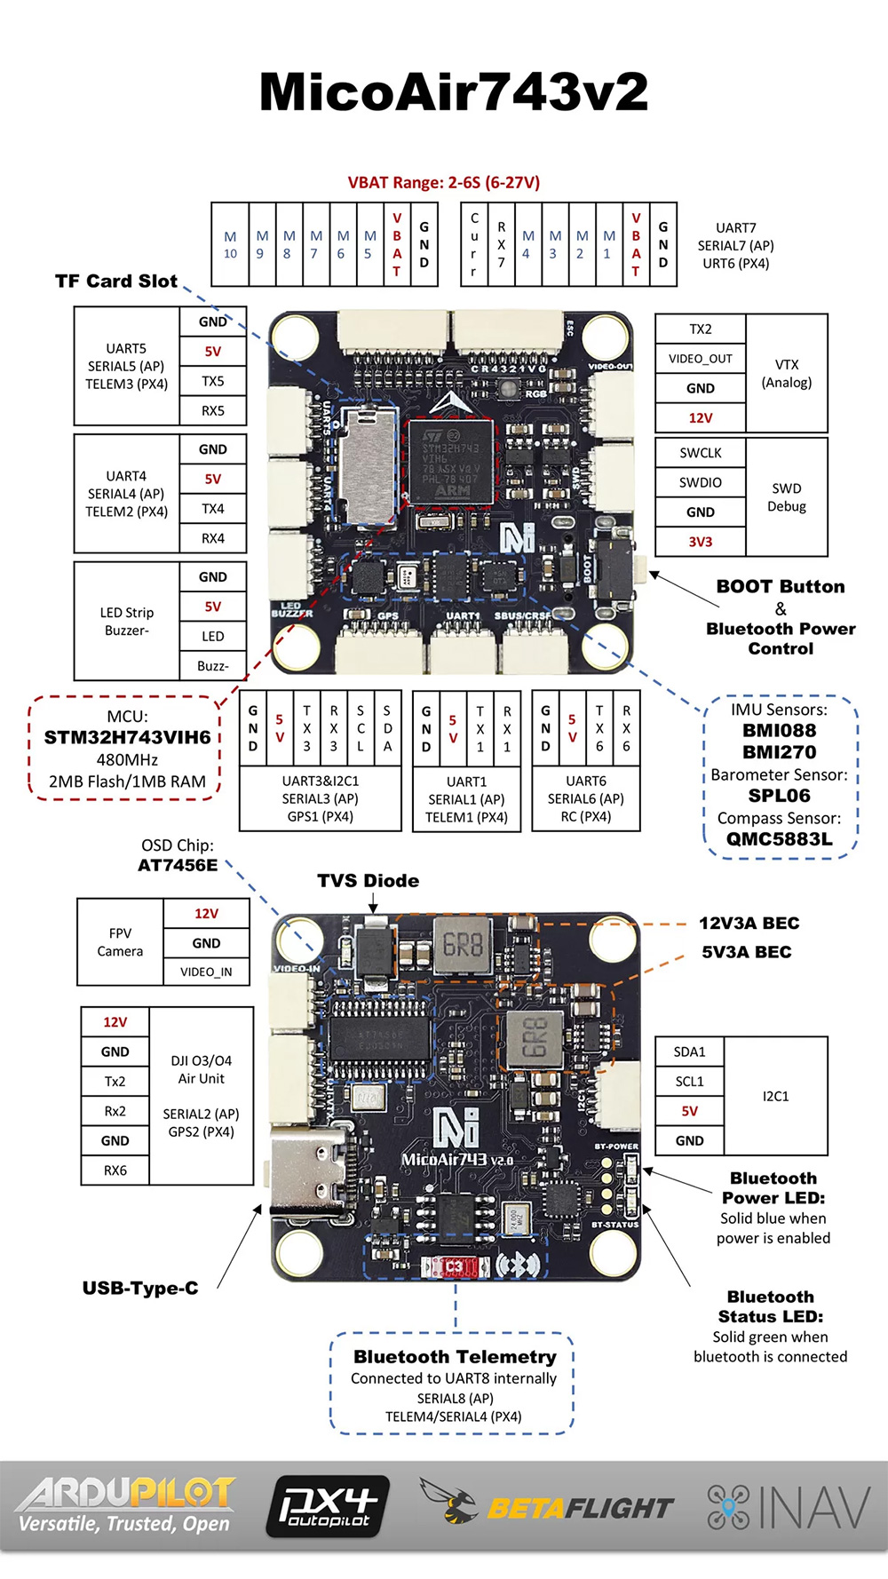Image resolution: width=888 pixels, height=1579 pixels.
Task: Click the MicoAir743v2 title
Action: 453,92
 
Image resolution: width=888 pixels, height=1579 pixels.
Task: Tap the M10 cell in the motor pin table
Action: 230,245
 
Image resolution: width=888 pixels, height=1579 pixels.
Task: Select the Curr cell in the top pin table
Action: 474,244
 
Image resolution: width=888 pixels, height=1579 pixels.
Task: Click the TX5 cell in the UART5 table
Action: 213,381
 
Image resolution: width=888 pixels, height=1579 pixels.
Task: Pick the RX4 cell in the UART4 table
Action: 213,538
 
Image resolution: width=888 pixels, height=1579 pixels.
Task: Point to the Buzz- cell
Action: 213,666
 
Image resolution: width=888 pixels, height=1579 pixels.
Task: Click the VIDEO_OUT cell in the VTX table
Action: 701,359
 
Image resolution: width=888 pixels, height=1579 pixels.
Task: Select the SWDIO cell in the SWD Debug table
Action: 701,482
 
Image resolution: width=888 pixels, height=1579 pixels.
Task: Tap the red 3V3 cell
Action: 701,542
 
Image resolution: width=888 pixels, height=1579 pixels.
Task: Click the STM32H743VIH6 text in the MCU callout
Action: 127,737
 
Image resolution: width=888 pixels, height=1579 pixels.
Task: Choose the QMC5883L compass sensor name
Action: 780,839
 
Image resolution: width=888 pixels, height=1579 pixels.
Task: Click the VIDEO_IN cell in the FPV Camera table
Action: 206,972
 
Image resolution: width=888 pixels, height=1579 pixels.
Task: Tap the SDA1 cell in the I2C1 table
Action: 690,1051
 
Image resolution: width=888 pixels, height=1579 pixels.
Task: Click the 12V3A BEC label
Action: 749,924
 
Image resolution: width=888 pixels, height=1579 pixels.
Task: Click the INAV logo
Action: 789,1508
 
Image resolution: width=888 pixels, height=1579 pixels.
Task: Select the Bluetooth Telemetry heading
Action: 455,1357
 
